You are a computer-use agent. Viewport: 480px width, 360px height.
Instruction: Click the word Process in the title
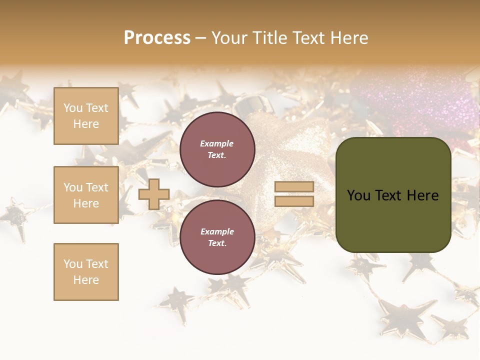coord(157,38)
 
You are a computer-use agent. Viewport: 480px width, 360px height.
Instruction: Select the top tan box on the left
coord(86,116)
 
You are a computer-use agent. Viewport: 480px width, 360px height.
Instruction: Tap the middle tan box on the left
coord(86,195)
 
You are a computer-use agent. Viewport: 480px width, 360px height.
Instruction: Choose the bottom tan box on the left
coord(86,272)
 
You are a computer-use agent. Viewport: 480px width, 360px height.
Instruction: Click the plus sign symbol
coord(154,194)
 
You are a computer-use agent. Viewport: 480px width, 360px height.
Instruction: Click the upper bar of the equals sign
coord(294,186)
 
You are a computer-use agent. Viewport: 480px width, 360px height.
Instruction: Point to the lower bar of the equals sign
coord(294,201)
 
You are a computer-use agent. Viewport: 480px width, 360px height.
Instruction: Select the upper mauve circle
coord(217,149)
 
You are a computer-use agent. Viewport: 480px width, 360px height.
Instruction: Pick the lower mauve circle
coord(217,237)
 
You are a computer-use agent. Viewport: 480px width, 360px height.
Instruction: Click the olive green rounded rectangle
coord(393,220)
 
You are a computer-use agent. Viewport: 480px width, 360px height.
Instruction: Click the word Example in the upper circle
coord(217,143)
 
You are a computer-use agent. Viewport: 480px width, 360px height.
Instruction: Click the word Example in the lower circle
coord(217,231)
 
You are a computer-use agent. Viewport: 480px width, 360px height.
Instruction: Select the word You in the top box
coord(73,108)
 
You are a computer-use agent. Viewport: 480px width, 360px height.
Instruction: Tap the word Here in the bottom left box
coord(86,280)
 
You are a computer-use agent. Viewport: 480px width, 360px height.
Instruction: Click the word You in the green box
coord(358,195)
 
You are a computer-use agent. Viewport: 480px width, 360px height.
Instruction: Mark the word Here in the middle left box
coord(86,203)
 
